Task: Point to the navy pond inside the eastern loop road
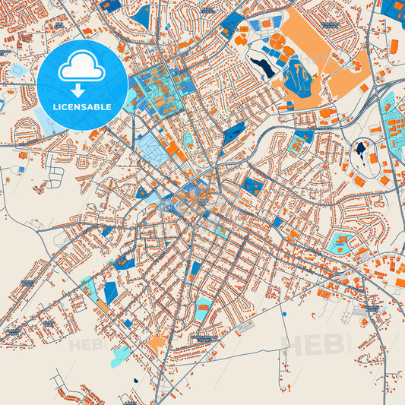tap(360, 149)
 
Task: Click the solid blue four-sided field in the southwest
tap(111, 292)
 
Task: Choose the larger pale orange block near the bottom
tap(156, 343)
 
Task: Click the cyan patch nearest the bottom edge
tap(120, 356)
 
